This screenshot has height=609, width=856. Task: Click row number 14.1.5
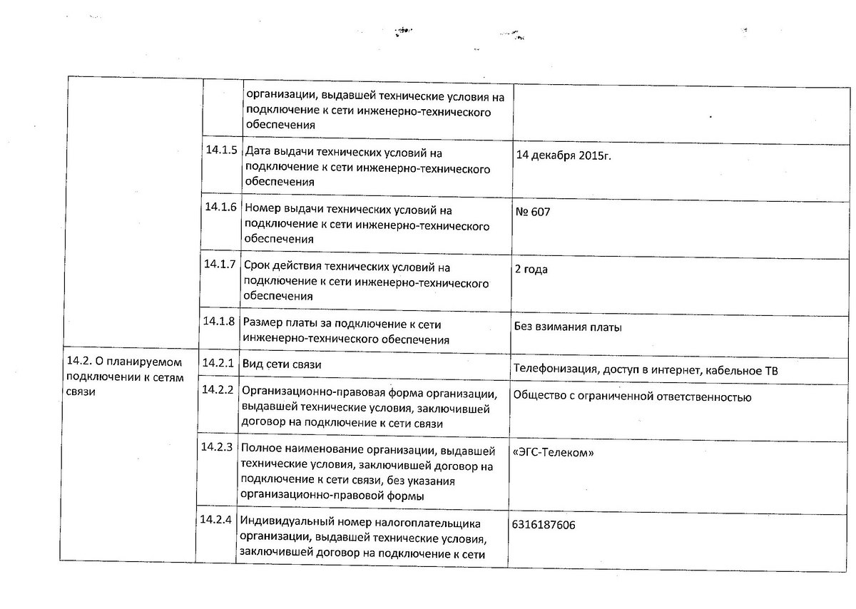coord(220,151)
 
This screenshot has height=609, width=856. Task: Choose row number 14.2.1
coord(218,363)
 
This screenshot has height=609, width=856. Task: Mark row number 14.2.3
coord(218,448)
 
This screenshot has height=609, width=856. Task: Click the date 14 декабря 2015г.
coord(563,157)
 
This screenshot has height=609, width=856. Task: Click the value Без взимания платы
coord(567,328)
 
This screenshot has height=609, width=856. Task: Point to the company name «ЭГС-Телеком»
coord(553,454)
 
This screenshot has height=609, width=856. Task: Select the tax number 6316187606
coord(544,525)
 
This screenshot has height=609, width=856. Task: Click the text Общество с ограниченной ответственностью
coord(631,397)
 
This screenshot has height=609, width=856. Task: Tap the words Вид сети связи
coord(282,364)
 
